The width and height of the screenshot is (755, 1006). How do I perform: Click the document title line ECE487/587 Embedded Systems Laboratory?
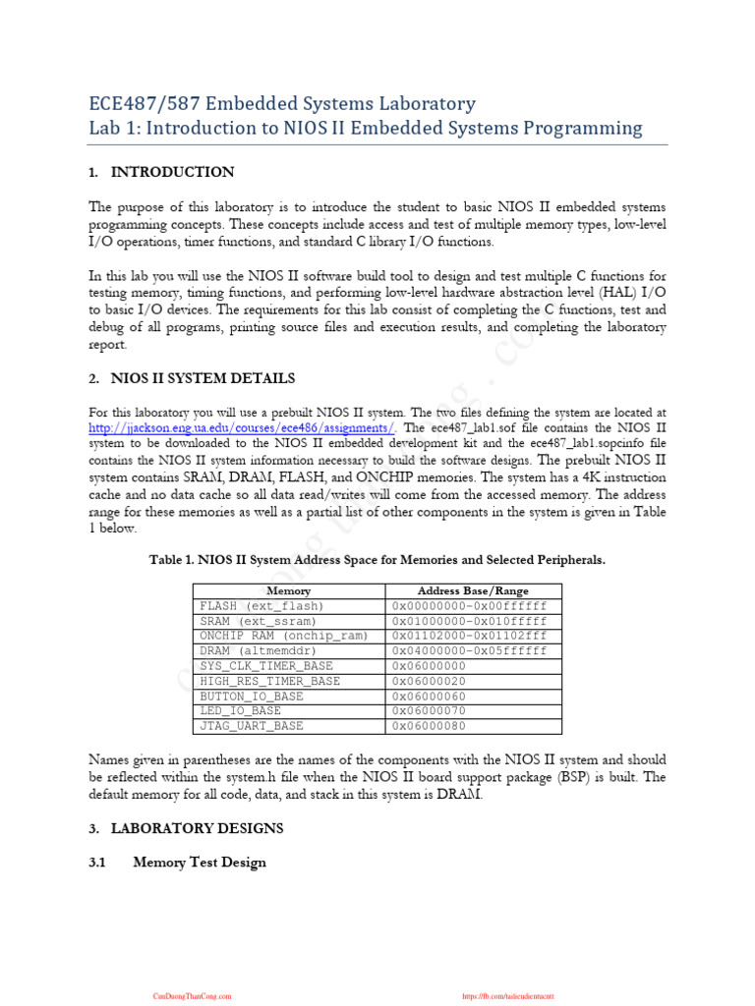(x=282, y=103)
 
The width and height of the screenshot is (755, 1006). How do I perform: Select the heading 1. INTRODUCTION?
(x=161, y=172)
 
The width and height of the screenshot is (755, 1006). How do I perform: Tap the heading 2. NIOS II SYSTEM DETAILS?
(x=191, y=378)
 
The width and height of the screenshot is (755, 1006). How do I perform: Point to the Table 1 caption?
(x=377, y=559)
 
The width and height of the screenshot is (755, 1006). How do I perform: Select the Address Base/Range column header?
(x=473, y=590)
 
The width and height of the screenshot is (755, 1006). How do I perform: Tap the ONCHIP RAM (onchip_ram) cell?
(x=283, y=636)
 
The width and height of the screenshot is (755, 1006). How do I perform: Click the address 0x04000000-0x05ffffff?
(x=469, y=650)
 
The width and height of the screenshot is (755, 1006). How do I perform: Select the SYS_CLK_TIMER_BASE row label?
(x=266, y=666)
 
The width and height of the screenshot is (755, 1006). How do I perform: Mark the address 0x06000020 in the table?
(x=430, y=681)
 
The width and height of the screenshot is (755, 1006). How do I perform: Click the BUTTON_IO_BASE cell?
(x=252, y=696)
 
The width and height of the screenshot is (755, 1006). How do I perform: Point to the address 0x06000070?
(x=430, y=710)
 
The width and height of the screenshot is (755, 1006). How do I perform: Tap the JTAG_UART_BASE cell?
(x=252, y=726)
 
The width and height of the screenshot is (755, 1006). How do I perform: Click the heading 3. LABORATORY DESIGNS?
(x=186, y=828)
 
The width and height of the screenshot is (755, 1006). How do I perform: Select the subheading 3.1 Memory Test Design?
(x=199, y=863)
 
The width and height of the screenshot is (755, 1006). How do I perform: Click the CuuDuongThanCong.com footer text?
(x=192, y=995)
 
